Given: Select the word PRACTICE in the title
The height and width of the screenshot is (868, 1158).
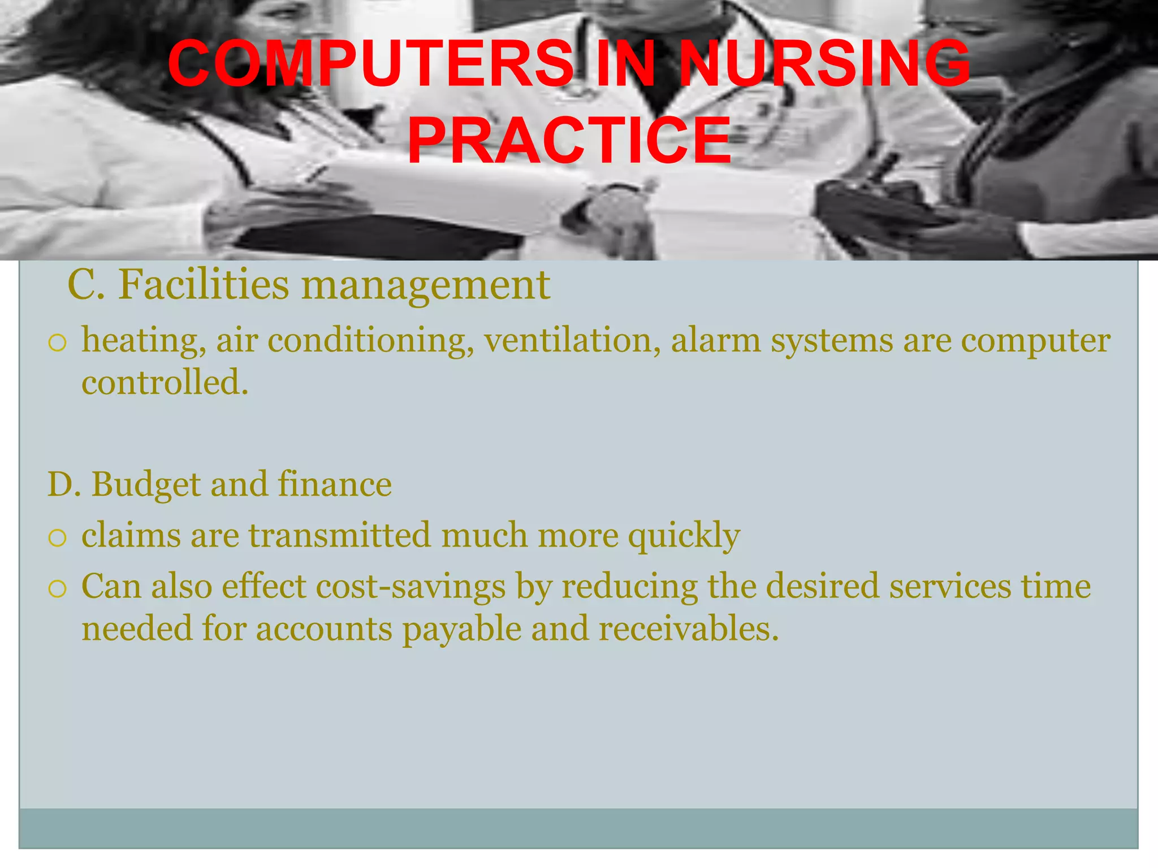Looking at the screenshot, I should click(x=569, y=140).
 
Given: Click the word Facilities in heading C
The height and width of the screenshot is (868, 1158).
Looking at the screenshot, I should click(x=204, y=284).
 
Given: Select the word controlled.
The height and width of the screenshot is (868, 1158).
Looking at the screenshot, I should click(x=165, y=383).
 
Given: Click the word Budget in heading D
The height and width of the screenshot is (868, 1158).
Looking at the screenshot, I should click(x=146, y=485).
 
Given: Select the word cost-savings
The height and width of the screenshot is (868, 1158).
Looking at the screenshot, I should click(x=411, y=587).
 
